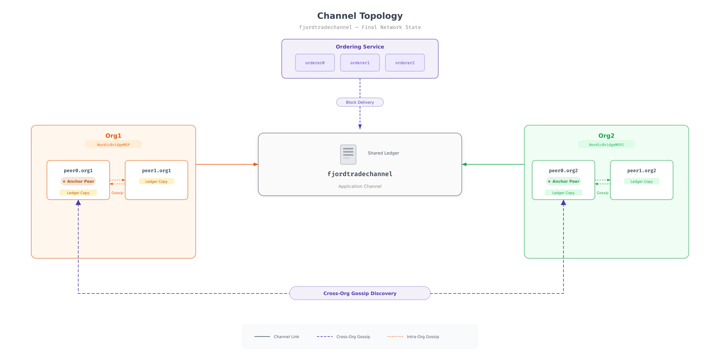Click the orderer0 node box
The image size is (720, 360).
click(x=315, y=63)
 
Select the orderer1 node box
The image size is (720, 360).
click(x=360, y=63)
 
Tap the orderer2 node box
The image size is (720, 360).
click(x=405, y=63)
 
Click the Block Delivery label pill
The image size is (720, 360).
click(x=360, y=102)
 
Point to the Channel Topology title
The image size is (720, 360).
click(x=360, y=16)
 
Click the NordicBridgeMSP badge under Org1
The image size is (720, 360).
click(x=113, y=144)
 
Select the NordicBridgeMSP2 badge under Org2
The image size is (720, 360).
click(x=607, y=144)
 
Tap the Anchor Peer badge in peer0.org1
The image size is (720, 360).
click(x=78, y=181)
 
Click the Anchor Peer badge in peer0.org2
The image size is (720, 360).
click(x=563, y=181)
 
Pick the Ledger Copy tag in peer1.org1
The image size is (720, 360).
click(x=157, y=181)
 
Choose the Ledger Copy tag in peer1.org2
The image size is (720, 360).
click(x=642, y=181)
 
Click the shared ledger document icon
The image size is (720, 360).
click(x=348, y=154)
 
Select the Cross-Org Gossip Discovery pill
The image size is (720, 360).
click(x=360, y=293)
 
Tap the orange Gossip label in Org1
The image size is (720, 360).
click(x=117, y=193)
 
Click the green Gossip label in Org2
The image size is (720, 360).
click(x=603, y=193)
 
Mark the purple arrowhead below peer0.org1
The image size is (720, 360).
click(x=78, y=203)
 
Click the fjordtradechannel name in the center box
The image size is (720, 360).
click(x=360, y=174)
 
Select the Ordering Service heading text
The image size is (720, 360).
click(x=360, y=47)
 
